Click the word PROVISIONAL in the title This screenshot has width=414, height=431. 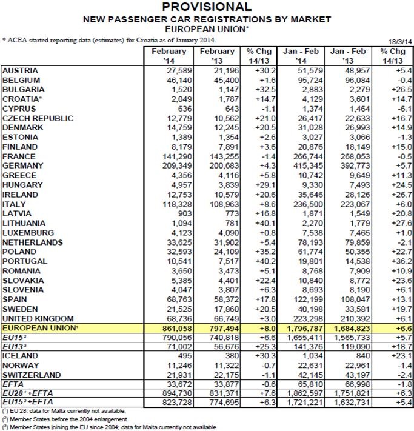coord(207,7)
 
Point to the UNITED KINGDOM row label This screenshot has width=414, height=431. coord(38,318)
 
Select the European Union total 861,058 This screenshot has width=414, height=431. coord(174,327)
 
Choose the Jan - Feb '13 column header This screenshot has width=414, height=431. coord(347,56)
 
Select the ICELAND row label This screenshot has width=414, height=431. coord(21,355)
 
